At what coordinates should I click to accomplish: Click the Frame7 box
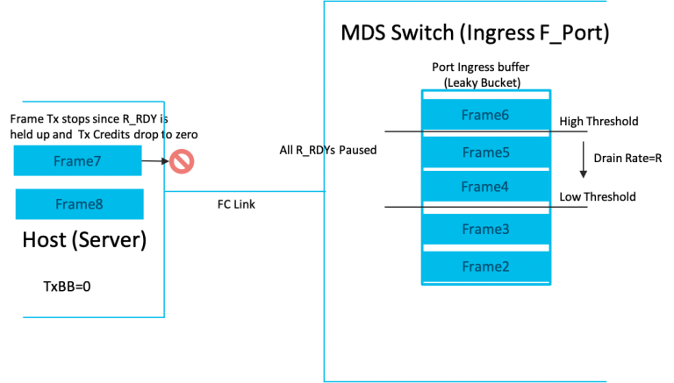tap(77, 161)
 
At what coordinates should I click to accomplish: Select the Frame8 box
tap(79, 204)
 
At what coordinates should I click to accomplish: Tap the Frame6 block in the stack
tap(485, 115)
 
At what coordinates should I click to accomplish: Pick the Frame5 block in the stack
tap(485, 152)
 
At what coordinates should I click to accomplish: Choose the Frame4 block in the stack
tap(485, 187)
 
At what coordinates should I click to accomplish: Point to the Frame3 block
tap(485, 230)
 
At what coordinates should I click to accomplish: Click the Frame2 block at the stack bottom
tap(485, 266)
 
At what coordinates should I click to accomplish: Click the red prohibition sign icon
tap(182, 161)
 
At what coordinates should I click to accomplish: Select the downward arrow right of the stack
tap(583, 159)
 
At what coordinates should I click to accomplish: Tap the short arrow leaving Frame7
tap(154, 161)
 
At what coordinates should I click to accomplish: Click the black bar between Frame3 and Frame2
tap(485, 248)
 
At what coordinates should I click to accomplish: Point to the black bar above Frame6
tap(485, 95)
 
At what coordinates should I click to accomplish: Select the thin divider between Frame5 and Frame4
tap(485, 169)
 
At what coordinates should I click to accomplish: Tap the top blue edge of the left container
tap(92, 102)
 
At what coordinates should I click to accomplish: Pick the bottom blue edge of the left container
tap(92, 316)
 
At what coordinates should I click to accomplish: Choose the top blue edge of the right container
tap(465, 2)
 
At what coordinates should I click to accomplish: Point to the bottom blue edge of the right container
tap(465, 381)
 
